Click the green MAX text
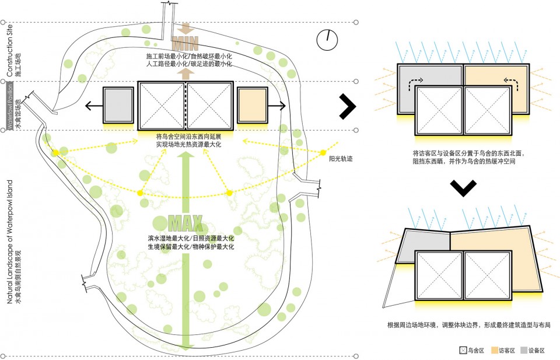[185, 223]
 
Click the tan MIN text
[185, 43]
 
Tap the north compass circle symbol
[327, 39]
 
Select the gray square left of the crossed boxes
[118, 106]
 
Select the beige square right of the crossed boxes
[252, 106]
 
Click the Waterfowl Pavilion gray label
[9, 105]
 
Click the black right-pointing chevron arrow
[347, 105]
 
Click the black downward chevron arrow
[464, 188]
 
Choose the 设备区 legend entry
[533, 351]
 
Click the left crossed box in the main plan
[162, 106]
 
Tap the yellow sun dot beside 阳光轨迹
[323, 153]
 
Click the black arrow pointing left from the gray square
[92, 106]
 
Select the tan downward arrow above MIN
[185, 28]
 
